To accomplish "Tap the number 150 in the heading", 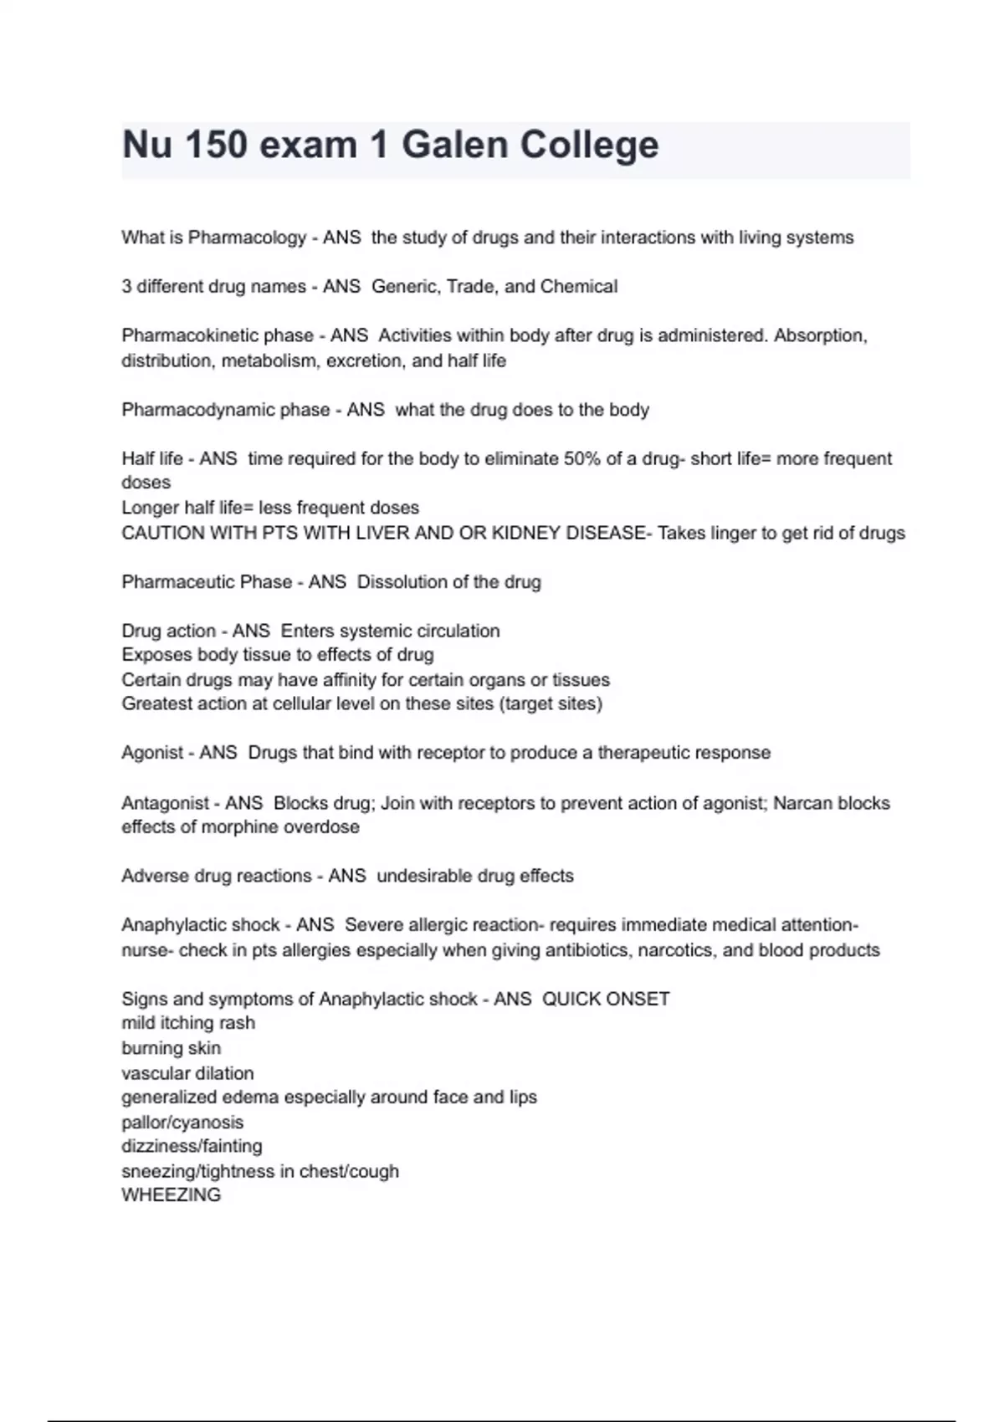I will [x=216, y=145].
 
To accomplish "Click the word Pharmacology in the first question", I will [x=247, y=238].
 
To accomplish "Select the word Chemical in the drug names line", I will [x=579, y=286].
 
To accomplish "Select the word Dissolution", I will [x=402, y=581].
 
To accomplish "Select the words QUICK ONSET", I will [x=606, y=999].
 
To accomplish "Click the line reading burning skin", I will [x=172, y=1048].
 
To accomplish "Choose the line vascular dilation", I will [x=187, y=1073].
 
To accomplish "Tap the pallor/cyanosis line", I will [x=182, y=1123].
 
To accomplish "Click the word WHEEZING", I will [x=172, y=1195].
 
